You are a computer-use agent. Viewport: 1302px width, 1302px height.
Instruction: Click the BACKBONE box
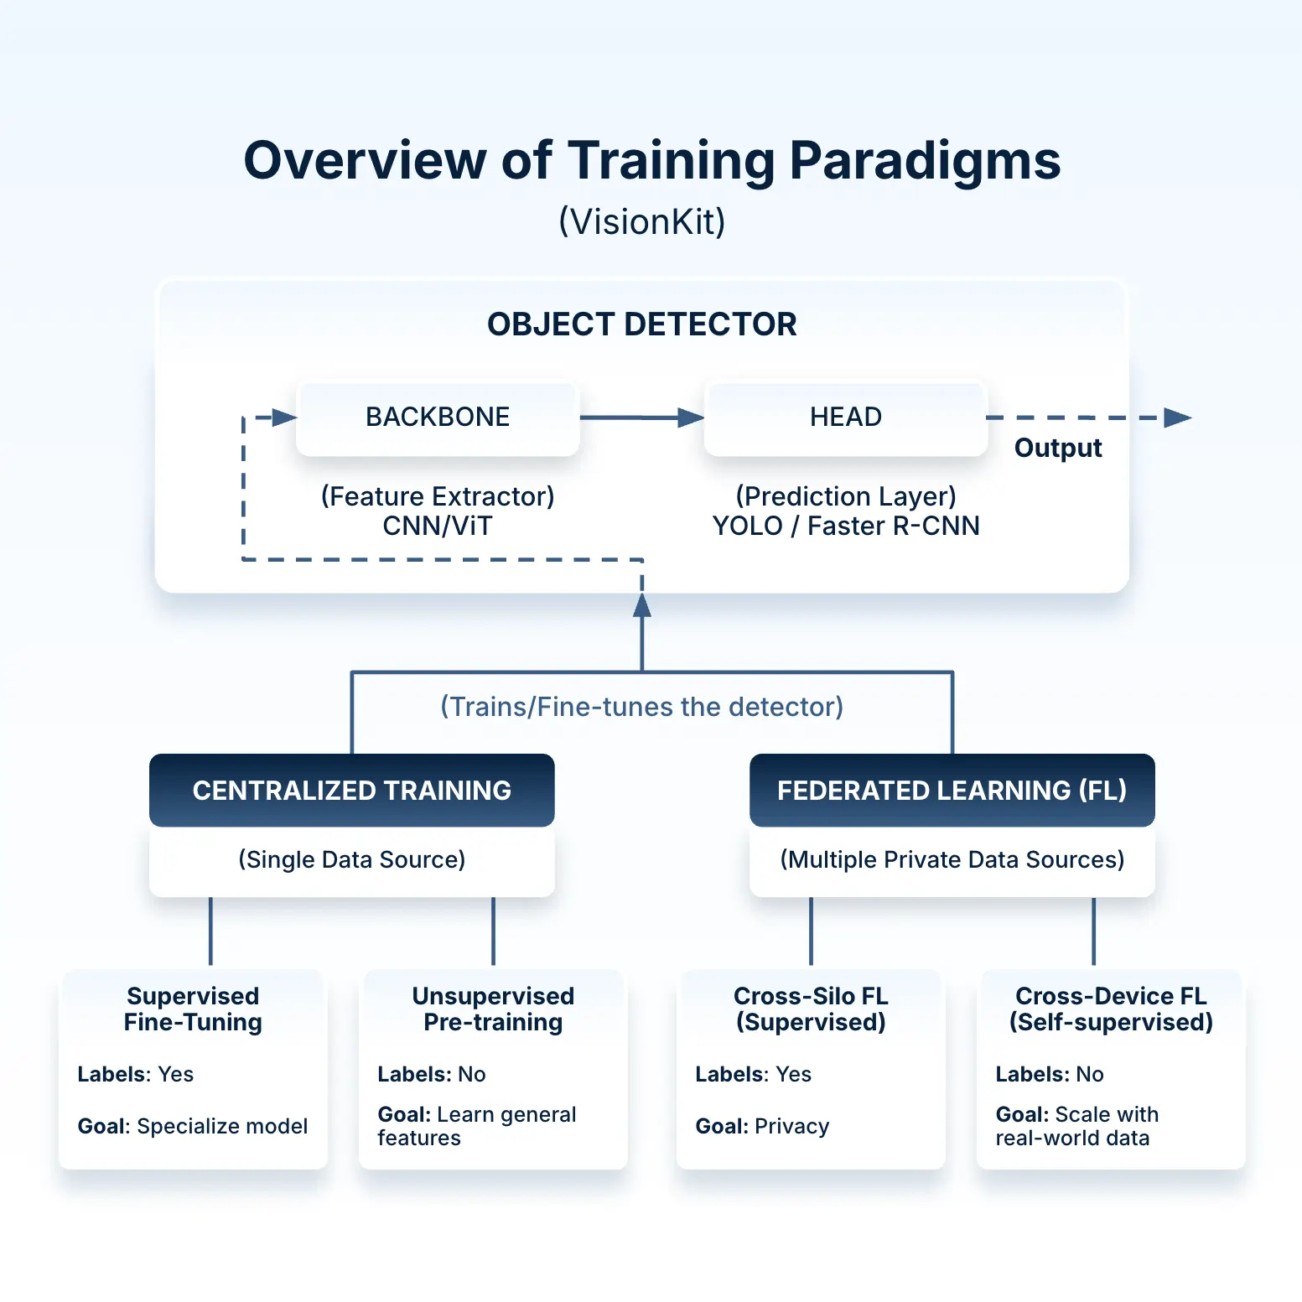(438, 418)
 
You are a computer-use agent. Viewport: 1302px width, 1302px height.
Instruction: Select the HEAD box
(845, 418)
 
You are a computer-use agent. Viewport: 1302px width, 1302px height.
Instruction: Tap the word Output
(1057, 448)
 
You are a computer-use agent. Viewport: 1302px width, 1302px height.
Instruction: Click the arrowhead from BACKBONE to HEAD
(691, 418)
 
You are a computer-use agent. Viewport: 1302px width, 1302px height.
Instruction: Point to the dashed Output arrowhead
(1178, 418)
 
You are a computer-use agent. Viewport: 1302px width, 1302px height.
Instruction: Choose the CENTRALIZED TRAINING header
(351, 790)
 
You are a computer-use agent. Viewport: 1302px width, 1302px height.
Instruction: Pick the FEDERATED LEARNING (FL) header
(952, 790)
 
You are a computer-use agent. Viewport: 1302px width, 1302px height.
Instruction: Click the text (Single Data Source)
(351, 859)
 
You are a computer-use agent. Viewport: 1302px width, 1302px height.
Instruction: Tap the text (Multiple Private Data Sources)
(952, 859)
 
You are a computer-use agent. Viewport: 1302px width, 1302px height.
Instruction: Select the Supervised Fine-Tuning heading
(193, 1009)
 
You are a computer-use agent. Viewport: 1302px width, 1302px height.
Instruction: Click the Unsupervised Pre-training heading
(493, 1009)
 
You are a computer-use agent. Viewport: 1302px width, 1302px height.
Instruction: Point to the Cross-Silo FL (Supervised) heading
(811, 1009)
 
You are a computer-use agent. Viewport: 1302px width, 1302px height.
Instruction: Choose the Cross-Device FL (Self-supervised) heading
(1111, 1009)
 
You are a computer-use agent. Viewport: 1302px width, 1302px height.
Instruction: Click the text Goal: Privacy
(762, 1126)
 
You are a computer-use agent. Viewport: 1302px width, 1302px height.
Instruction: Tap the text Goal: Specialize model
(193, 1126)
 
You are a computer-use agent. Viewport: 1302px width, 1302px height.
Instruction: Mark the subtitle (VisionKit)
(642, 221)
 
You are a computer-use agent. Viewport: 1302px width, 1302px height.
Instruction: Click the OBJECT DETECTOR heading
(642, 324)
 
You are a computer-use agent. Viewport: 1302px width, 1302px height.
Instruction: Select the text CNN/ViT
(438, 526)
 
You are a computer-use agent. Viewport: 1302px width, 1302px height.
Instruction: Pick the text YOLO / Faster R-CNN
(845, 526)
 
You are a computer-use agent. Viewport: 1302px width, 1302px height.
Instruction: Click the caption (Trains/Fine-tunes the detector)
(642, 707)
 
